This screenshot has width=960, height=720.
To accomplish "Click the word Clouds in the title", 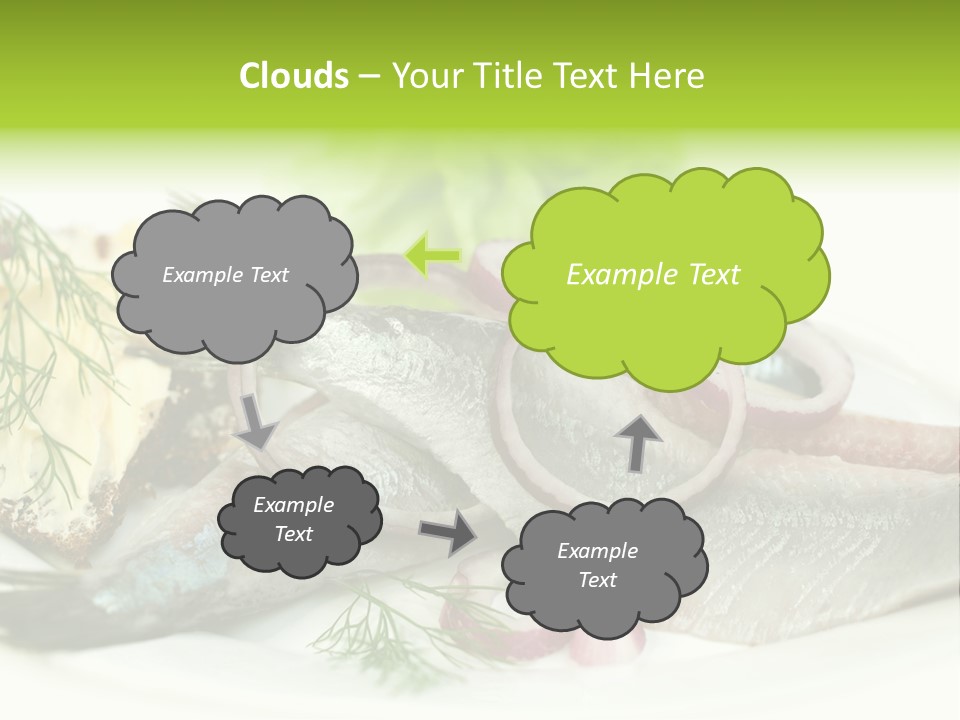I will click(x=293, y=76).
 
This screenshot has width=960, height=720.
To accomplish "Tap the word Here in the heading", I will click(x=669, y=76).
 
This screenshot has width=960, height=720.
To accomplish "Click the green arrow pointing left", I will click(x=433, y=255).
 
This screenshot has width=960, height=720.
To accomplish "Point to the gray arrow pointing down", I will click(x=256, y=420).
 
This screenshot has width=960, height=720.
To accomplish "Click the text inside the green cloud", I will click(x=653, y=275).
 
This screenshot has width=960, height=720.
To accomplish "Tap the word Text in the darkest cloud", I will click(x=294, y=534).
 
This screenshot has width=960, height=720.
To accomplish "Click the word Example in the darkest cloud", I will click(x=294, y=505).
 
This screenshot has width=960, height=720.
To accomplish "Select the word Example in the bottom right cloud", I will click(x=597, y=551).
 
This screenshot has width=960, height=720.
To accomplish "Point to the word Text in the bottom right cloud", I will click(x=597, y=580).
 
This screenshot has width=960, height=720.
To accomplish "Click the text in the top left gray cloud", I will click(x=225, y=275).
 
